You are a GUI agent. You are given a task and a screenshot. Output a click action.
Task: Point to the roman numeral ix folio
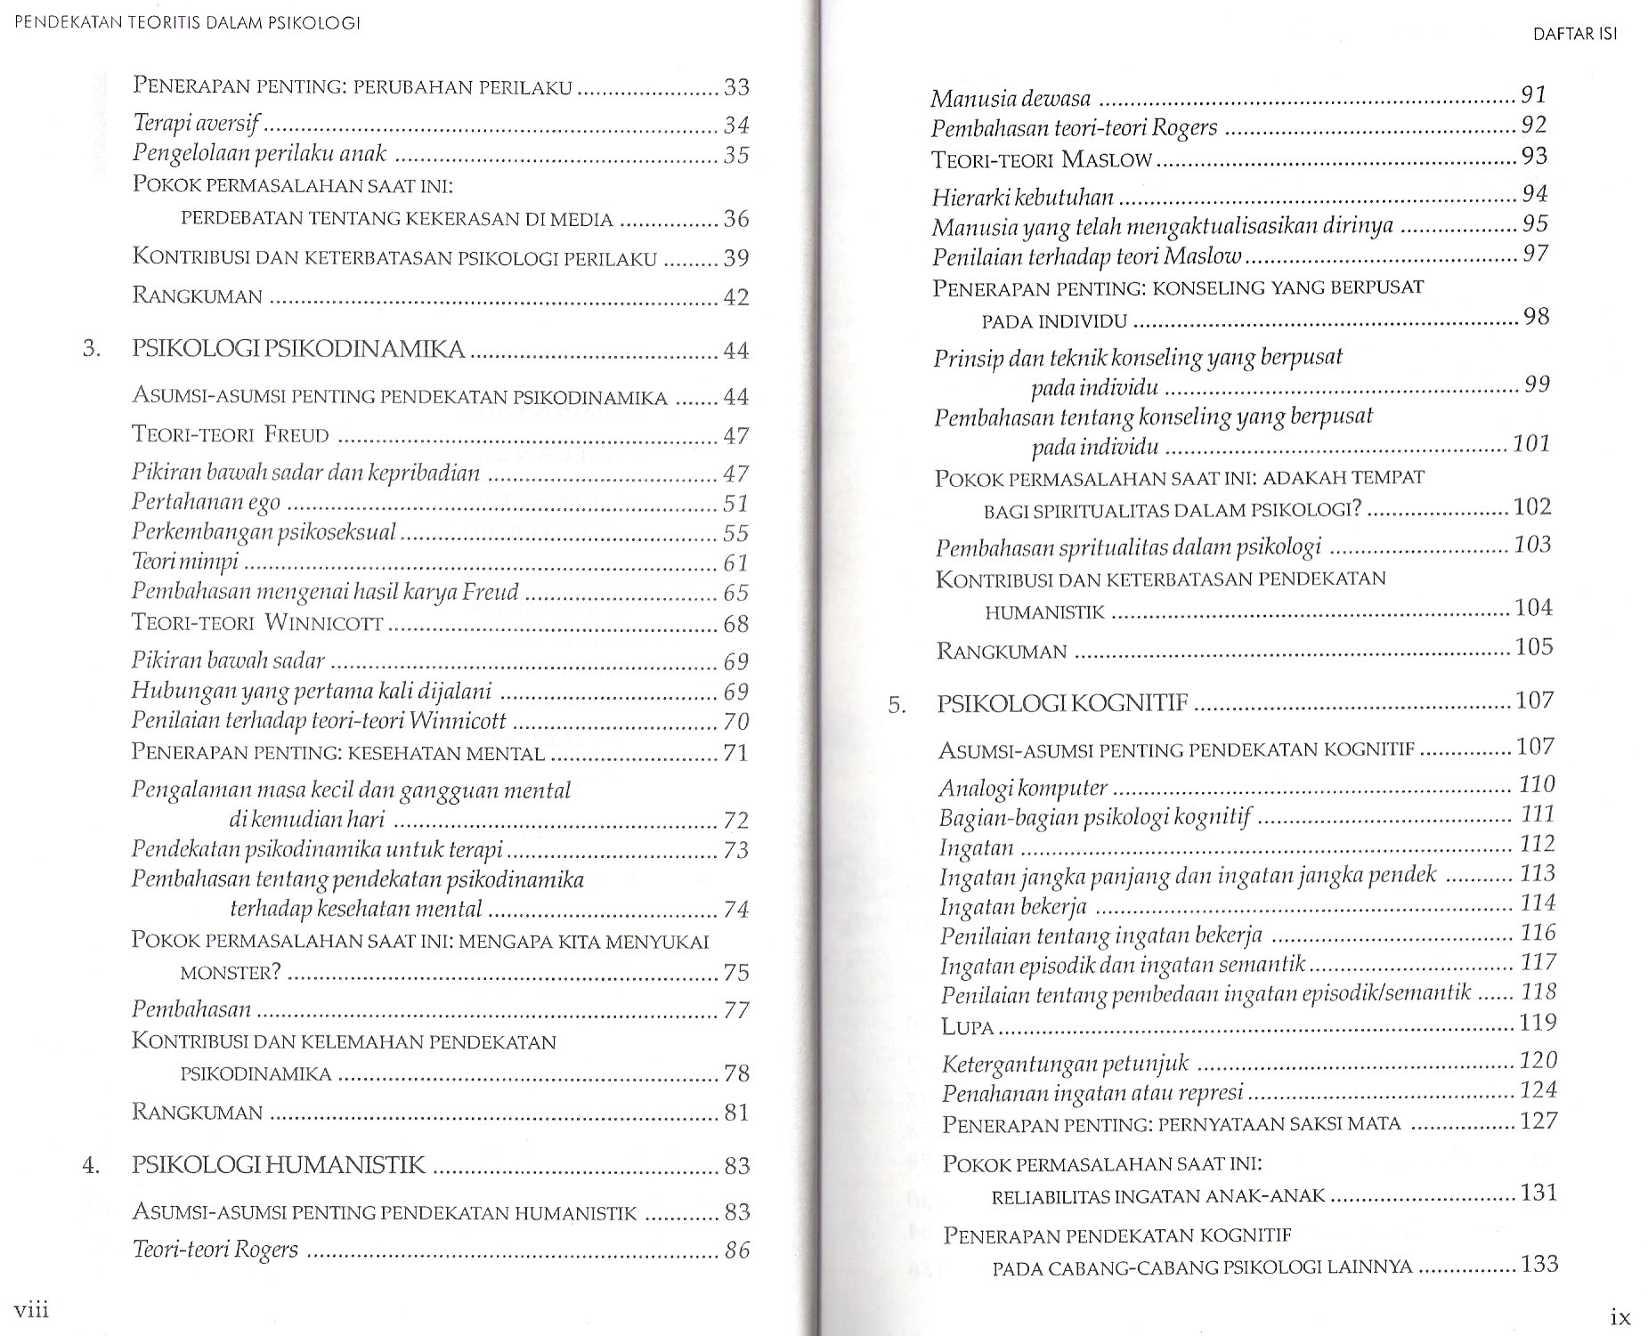pyautogui.click(x=1620, y=1315)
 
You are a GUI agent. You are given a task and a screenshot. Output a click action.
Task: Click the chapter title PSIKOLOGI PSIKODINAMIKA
pyautogui.click(x=298, y=349)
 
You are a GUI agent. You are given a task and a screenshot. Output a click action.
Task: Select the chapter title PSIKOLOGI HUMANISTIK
pyautogui.click(x=278, y=1164)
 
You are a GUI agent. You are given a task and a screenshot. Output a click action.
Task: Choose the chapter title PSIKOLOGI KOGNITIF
pyautogui.click(x=1063, y=703)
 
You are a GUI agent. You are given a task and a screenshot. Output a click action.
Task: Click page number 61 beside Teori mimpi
pyautogui.click(x=735, y=563)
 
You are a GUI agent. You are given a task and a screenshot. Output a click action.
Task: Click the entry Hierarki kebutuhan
pyautogui.click(x=1022, y=197)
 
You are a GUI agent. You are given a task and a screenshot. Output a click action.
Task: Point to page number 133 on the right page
pyautogui.click(x=1540, y=1264)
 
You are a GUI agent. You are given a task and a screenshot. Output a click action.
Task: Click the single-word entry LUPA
pyautogui.click(x=967, y=1026)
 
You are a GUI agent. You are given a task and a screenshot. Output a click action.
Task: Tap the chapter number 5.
pyautogui.click(x=897, y=706)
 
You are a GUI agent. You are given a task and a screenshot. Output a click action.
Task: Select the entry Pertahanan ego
pyautogui.click(x=206, y=503)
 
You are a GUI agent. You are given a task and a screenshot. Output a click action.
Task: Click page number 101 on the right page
pyautogui.click(x=1531, y=443)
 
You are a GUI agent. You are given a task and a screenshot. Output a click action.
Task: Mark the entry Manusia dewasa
pyautogui.click(x=1011, y=98)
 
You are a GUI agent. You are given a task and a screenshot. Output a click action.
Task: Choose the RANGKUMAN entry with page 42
pyautogui.click(x=197, y=296)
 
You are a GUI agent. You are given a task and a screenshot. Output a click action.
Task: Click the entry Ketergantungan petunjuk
pyautogui.click(x=1065, y=1063)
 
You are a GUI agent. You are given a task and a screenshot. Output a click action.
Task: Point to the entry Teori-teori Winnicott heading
pyautogui.click(x=257, y=623)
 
